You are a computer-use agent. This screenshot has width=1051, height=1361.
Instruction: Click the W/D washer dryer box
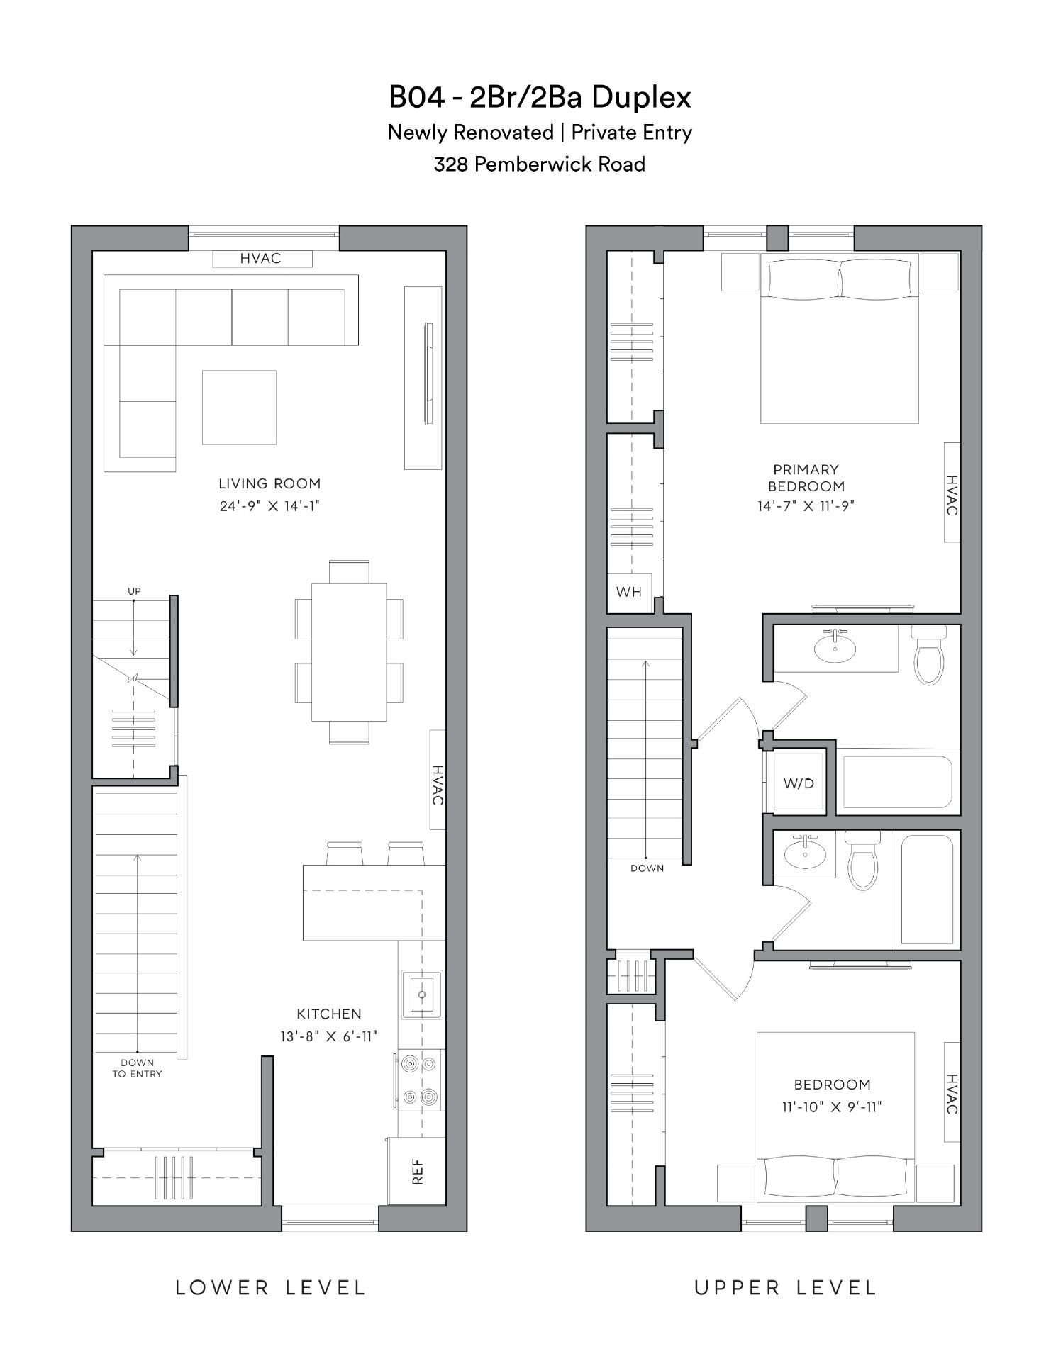(x=799, y=783)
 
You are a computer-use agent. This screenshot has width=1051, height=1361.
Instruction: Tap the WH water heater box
(x=629, y=592)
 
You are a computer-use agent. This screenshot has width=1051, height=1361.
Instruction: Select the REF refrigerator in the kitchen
(x=417, y=1171)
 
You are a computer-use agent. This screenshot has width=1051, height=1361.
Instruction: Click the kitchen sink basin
(x=422, y=995)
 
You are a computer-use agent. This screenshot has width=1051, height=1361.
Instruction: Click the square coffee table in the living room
(x=239, y=408)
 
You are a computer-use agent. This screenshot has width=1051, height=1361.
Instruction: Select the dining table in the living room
(x=349, y=652)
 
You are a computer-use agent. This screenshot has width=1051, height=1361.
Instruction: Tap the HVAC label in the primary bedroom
(x=952, y=495)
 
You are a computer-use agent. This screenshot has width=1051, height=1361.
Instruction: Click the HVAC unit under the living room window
(x=262, y=259)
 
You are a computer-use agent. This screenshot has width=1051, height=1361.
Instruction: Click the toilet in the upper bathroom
(x=928, y=655)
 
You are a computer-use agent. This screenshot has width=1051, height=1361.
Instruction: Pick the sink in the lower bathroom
(x=806, y=853)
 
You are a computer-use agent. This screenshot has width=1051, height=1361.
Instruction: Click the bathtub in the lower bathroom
(x=926, y=890)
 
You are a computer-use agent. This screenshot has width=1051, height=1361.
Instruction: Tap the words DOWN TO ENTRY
(x=137, y=1068)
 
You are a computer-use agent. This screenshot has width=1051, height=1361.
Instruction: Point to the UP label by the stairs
(x=134, y=591)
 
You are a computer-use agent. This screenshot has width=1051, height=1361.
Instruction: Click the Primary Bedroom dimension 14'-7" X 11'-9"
(x=806, y=506)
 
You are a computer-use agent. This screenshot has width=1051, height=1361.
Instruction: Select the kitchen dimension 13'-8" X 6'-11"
(x=328, y=1036)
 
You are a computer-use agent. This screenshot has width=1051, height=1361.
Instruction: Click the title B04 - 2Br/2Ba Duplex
(x=540, y=97)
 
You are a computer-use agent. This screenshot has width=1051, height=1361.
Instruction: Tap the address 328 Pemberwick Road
(x=540, y=164)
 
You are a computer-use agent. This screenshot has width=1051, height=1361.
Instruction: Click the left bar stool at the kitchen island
(x=345, y=853)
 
